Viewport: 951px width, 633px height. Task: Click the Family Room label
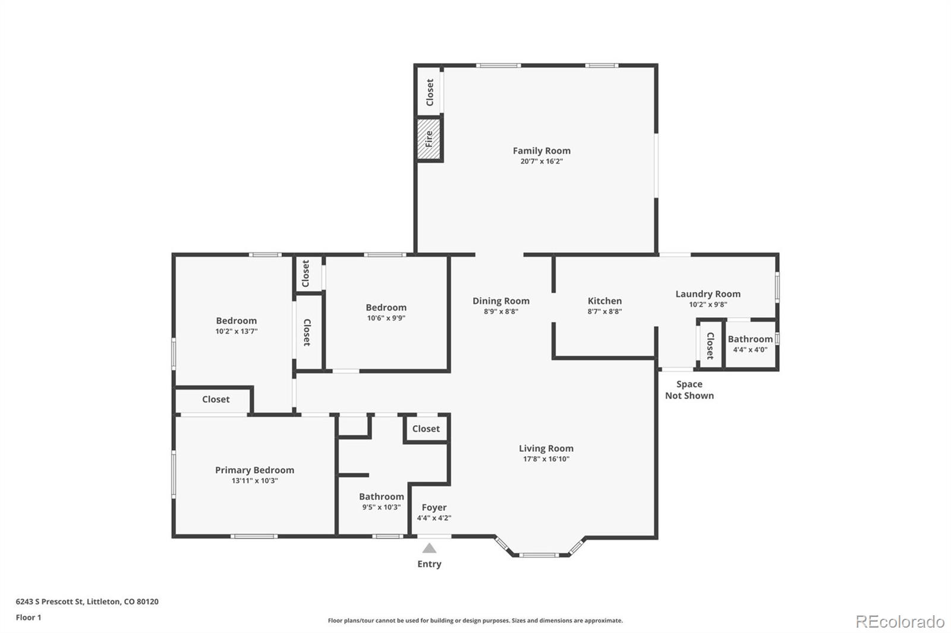click(x=541, y=151)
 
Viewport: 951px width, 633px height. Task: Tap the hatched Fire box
click(x=429, y=139)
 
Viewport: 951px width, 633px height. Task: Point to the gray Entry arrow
click(x=429, y=548)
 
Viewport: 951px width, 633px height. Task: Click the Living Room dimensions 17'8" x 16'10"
click(x=546, y=458)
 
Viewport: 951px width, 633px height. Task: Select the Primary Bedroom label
click(x=254, y=470)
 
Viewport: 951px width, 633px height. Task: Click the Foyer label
click(x=434, y=508)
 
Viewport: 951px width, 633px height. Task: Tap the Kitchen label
click(x=604, y=301)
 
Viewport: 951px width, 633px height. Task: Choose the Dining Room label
click(x=501, y=301)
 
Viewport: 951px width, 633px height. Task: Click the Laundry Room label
click(x=708, y=293)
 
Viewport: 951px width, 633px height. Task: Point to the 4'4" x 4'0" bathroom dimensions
click(x=750, y=350)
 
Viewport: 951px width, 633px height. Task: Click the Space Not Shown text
click(x=689, y=390)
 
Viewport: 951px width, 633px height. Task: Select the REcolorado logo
click(x=900, y=622)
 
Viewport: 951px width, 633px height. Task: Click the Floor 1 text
click(x=29, y=618)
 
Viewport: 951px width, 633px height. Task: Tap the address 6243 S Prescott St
click(x=49, y=601)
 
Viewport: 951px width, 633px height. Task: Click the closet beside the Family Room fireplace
click(x=430, y=92)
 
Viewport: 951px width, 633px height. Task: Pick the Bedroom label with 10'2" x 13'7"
click(x=236, y=321)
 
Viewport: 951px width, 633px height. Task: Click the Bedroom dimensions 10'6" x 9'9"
click(x=386, y=318)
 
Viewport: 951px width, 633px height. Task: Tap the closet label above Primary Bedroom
click(x=216, y=399)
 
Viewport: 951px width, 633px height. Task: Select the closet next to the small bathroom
click(x=710, y=346)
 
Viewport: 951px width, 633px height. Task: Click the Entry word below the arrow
click(x=429, y=564)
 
